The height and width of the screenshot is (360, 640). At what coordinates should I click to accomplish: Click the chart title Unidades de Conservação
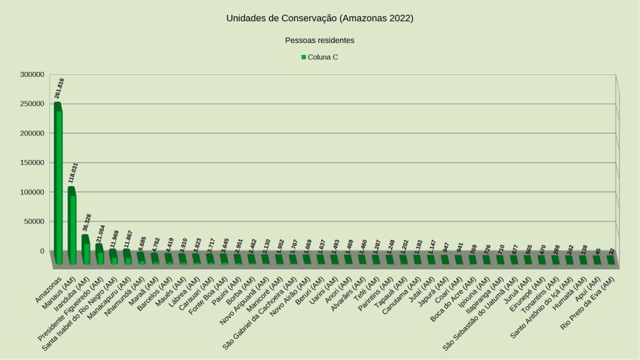tap(319, 18)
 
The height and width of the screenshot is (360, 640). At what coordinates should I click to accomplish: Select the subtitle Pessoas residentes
tap(319, 40)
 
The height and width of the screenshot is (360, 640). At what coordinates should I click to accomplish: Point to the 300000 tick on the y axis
tap(32, 74)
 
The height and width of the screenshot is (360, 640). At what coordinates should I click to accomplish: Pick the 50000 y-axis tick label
tap(34, 221)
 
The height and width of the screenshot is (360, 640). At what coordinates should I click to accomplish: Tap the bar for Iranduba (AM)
tap(86, 250)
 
